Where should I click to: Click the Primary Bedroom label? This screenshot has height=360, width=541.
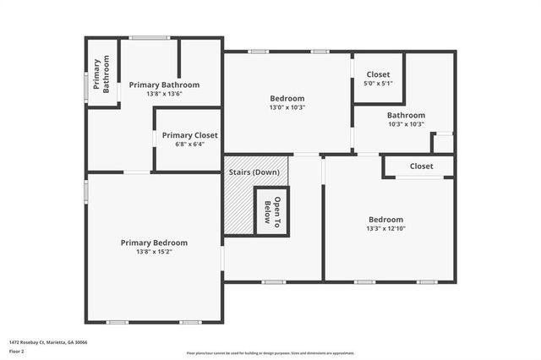click(x=154, y=243)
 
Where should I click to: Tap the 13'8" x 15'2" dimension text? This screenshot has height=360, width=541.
click(x=154, y=252)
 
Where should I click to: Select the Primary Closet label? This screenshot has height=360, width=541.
click(x=189, y=135)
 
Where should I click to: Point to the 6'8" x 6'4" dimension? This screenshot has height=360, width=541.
click(x=189, y=145)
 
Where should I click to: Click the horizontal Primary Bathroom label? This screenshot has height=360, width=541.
click(x=164, y=85)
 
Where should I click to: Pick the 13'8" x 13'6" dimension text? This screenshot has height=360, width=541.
click(x=164, y=94)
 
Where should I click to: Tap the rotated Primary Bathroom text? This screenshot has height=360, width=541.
click(x=101, y=74)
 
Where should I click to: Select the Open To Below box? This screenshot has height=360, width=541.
click(x=273, y=210)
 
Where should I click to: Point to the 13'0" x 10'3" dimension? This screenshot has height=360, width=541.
click(x=287, y=107)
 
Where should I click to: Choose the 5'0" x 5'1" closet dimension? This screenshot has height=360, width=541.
click(x=378, y=84)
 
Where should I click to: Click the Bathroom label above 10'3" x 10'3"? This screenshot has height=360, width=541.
click(x=406, y=115)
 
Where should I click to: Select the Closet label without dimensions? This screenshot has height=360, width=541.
click(x=421, y=166)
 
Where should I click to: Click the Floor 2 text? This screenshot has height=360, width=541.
click(x=18, y=350)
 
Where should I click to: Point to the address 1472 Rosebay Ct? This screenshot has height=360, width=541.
click(x=48, y=342)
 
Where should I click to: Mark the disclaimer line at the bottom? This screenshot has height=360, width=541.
click(x=270, y=353)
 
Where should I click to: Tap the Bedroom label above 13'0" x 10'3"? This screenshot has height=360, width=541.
click(x=287, y=98)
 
